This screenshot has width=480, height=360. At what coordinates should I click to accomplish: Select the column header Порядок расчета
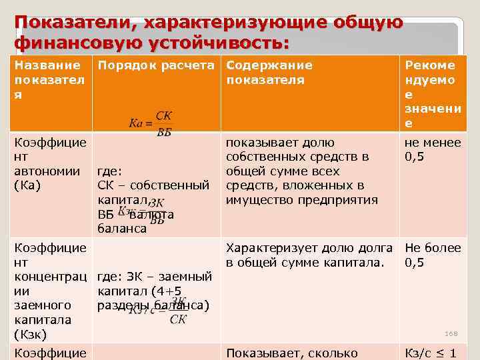157,65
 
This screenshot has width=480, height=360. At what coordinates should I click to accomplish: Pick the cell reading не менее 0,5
432,149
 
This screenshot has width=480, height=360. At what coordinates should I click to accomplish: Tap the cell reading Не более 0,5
432,255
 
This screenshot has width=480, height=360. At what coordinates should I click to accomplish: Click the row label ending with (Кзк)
50,291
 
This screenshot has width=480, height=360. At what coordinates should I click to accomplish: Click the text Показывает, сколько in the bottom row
292,353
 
